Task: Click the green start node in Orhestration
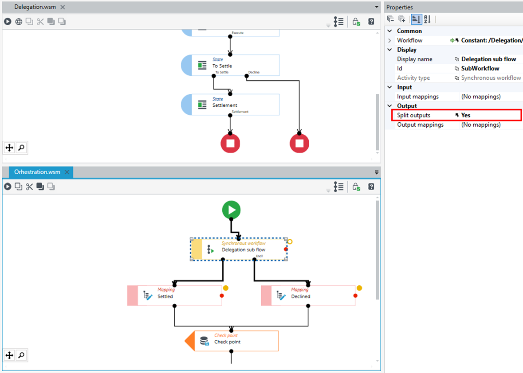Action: point(231,210)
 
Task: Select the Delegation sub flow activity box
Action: point(239,249)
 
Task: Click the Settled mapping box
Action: point(175,295)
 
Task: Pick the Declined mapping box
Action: point(308,295)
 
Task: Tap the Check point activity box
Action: point(232,341)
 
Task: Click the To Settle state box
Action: point(230,65)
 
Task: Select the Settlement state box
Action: point(230,105)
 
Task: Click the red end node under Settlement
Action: point(230,143)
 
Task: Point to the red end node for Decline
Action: point(299,143)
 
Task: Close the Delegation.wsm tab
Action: point(63,7)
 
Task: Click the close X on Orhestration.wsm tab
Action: point(67,172)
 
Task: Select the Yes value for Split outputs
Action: point(466,115)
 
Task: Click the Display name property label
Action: point(415,59)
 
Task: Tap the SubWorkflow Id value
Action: point(480,68)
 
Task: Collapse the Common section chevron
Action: point(389,31)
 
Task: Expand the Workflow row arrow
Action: point(389,40)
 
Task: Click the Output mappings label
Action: point(420,124)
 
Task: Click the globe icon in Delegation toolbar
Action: point(19,22)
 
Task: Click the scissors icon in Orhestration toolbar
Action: point(29,186)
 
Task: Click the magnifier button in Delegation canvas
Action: point(21,148)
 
